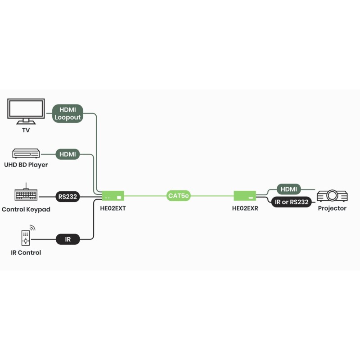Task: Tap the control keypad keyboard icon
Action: [26, 194]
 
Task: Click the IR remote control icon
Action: [27, 236]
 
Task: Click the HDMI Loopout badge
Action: [67, 114]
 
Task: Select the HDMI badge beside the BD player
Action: [67, 154]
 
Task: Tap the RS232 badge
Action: [67, 197]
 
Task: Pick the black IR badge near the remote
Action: [67, 239]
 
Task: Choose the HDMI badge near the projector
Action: [288, 189]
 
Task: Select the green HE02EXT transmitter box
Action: [113, 196]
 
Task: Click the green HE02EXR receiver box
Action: [245, 196]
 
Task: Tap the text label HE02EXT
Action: [112, 208]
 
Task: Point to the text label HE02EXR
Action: [245, 208]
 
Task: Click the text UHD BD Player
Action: [26, 165]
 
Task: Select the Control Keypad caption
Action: [26, 210]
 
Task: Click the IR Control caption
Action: [26, 253]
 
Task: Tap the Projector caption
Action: [332, 208]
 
